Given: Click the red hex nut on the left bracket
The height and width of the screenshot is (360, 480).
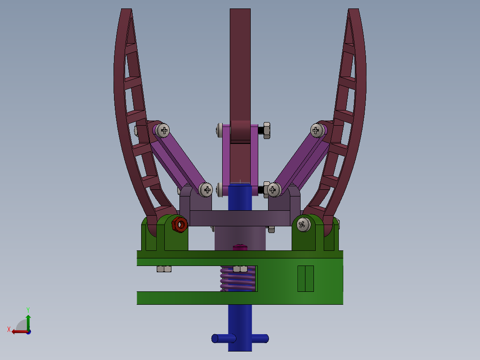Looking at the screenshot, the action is click(x=180, y=225).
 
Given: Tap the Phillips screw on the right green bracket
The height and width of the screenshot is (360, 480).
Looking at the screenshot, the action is click(x=303, y=225).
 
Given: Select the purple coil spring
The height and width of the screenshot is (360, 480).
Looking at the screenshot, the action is click(x=238, y=278).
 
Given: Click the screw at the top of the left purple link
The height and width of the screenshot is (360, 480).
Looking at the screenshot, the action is click(x=163, y=131).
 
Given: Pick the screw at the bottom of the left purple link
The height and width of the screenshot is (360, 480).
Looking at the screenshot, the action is click(x=206, y=190).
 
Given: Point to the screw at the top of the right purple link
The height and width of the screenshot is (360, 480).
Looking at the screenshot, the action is click(x=317, y=131).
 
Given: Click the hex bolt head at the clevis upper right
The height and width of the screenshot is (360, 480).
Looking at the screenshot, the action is click(x=267, y=131).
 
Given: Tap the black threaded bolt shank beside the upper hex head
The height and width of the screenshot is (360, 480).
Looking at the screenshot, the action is click(x=260, y=131).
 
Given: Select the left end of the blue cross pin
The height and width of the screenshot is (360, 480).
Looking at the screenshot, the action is click(x=215, y=339).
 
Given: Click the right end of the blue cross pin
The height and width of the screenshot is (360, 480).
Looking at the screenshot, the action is click(x=265, y=339).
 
